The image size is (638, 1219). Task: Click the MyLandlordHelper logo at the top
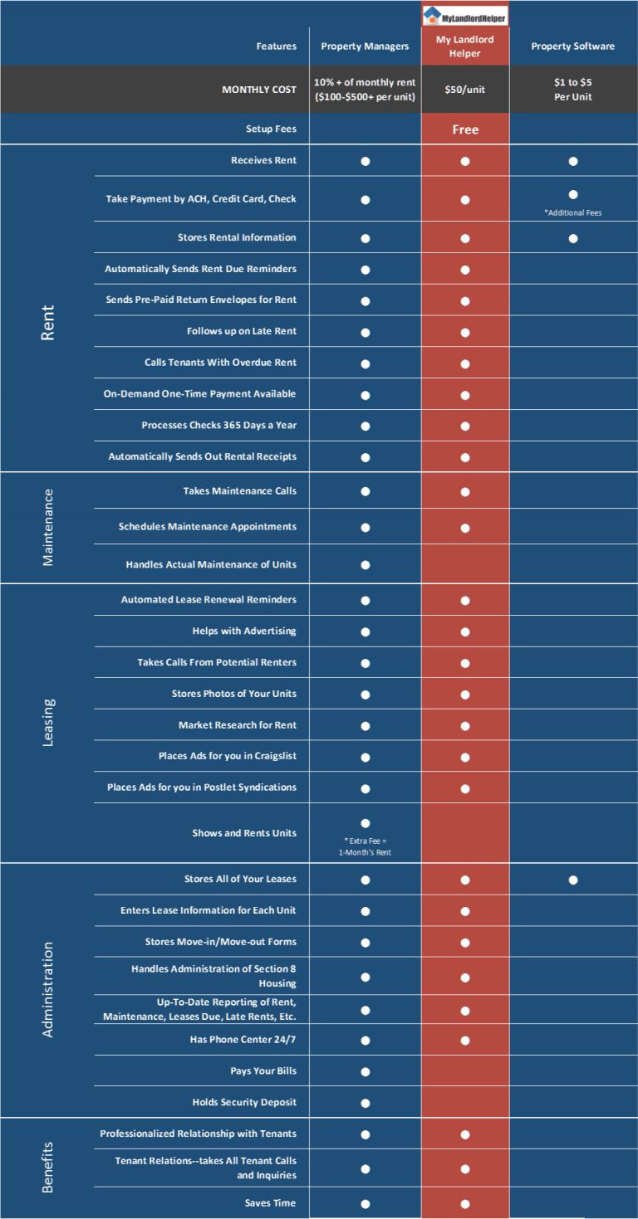click(x=464, y=15)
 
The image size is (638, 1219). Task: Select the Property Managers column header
click(x=365, y=46)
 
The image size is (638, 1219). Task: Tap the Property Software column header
click(x=572, y=46)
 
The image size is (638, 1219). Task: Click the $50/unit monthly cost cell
click(x=464, y=90)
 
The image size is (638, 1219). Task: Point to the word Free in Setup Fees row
click(x=465, y=129)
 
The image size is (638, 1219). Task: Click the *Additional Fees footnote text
click(x=572, y=212)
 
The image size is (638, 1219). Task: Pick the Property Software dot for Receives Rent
click(x=573, y=161)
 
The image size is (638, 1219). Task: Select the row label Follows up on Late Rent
click(x=242, y=331)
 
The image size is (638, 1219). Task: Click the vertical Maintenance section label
click(x=48, y=527)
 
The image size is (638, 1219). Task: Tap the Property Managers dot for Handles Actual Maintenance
click(x=365, y=565)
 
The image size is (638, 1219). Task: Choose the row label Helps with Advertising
click(x=244, y=631)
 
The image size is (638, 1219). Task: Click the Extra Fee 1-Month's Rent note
click(x=365, y=846)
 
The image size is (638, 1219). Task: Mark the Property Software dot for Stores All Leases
click(x=573, y=880)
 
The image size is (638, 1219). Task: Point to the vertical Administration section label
click(x=48, y=989)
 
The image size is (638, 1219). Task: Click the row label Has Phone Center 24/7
click(x=243, y=1040)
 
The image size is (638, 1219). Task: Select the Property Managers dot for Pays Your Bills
click(x=365, y=1072)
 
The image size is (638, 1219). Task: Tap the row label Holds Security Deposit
click(x=244, y=1102)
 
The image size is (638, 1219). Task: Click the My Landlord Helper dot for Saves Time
click(x=464, y=1204)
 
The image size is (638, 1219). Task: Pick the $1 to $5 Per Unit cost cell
click(x=572, y=90)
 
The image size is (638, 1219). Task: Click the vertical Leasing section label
click(x=48, y=723)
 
